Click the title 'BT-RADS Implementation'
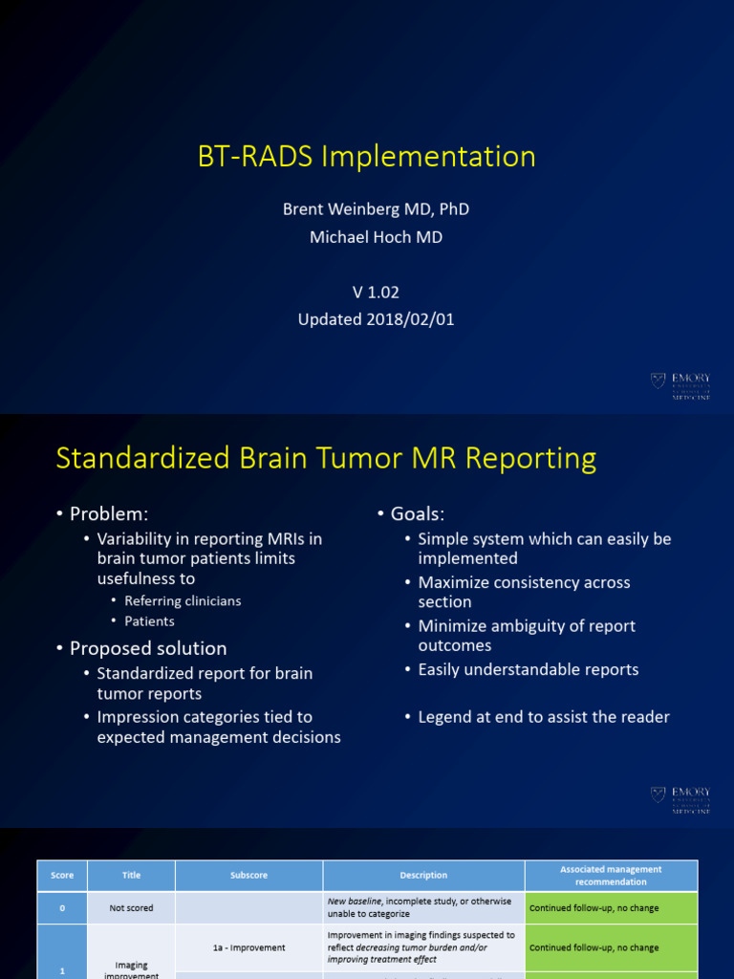tap(367, 156)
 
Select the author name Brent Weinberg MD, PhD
tap(376, 209)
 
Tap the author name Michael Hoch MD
tap(376, 237)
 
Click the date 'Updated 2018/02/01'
tap(376, 320)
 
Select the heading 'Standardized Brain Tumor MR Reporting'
tap(326, 459)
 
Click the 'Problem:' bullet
tap(108, 514)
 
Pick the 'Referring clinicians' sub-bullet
tap(183, 601)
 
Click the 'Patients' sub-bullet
tap(149, 621)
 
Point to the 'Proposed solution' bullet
tap(148, 648)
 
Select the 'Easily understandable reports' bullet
tap(528, 669)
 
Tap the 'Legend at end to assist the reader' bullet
tap(543, 717)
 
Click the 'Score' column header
tap(62, 875)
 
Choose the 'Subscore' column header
tap(248, 875)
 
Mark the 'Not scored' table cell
tap(131, 907)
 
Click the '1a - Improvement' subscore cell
tap(248, 947)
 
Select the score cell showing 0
tap(62, 907)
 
